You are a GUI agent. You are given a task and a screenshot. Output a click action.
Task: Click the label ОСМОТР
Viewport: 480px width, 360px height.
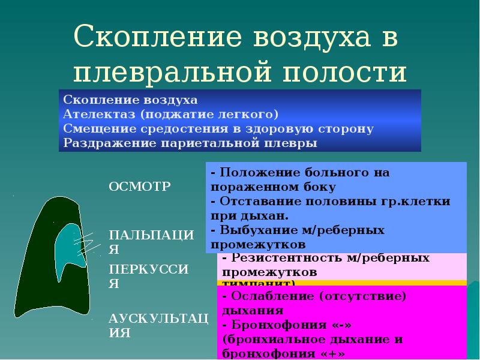pyautogui.click(x=139, y=186)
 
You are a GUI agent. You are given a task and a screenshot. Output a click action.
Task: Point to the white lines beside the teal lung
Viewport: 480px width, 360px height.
pyautogui.click(x=85, y=241)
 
